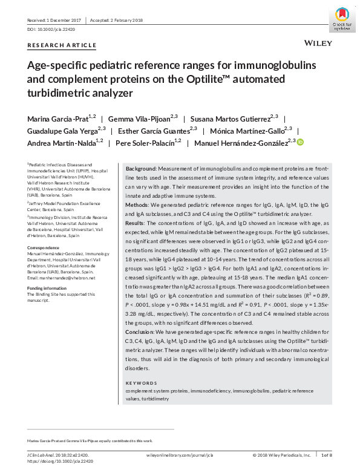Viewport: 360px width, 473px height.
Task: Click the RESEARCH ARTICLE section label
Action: point(62,45)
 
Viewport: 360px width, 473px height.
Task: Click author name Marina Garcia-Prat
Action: point(57,117)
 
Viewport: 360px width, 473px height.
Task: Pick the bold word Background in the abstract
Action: point(141,167)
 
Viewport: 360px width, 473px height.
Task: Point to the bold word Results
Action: point(136,224)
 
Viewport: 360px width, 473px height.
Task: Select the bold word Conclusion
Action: point(140,332)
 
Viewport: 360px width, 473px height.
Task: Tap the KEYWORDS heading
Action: point(141,383)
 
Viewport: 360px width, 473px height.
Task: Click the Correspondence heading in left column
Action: point(44,248)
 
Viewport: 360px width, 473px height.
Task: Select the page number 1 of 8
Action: point(327,455)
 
